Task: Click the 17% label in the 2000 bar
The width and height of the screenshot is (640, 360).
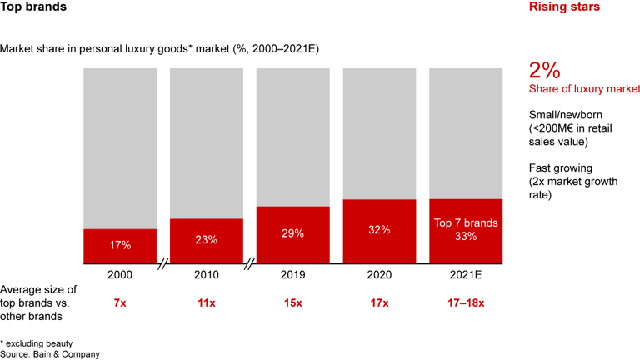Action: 120,245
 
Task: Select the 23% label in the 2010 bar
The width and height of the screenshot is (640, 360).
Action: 207,240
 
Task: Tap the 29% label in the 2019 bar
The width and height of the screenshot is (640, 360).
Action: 292,234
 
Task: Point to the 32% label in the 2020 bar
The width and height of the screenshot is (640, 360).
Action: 379,230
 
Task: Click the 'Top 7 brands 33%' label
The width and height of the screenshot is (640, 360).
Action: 466,229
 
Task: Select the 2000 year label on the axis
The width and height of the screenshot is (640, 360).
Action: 120,273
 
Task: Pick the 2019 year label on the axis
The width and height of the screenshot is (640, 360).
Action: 292,273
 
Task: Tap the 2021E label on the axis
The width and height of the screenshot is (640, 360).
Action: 466,273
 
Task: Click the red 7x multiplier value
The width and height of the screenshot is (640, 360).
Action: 120,303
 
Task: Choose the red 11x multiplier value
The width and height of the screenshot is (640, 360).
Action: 207,303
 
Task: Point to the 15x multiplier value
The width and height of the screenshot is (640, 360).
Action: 292,303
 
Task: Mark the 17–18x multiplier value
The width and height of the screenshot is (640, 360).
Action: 466,303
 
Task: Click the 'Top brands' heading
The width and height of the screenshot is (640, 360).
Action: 34,7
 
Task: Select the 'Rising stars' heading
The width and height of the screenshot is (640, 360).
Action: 564,7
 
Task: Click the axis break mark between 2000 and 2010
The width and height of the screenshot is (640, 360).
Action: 163,264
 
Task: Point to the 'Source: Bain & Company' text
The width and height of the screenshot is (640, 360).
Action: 50,354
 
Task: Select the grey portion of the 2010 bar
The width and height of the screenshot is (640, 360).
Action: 207,142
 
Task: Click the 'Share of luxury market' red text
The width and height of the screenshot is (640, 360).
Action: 584,89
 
